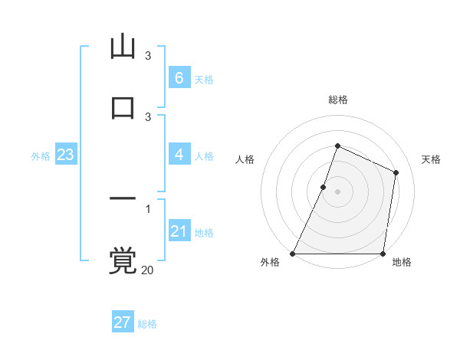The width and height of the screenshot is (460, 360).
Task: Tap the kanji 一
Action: click(123, 198)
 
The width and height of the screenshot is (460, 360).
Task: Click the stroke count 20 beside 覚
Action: click(147, 270)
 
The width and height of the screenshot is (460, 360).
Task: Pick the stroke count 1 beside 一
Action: click(148, 208)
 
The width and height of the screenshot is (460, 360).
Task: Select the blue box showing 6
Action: click(179, 78)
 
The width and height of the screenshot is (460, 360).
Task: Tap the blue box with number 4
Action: click(179, 155)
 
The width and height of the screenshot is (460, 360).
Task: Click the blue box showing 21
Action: click(179, 231)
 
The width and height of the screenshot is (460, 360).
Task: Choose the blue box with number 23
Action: click(65, 155)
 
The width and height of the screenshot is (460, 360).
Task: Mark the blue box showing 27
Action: click(122, 322)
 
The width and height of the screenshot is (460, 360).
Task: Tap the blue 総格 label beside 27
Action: click(147, 324)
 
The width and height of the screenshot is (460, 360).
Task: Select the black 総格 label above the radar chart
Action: click(337, 100)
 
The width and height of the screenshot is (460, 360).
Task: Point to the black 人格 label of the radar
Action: click(245, 159)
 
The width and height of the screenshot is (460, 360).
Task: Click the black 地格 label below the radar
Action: click(402, 263)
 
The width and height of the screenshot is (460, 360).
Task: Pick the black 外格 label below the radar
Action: click(271, 263)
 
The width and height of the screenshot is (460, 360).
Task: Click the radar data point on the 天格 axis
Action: click(396, 172)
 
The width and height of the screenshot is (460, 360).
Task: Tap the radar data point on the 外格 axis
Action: click(293, 254)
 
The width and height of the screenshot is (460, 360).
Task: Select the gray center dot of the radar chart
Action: click(337, 191)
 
